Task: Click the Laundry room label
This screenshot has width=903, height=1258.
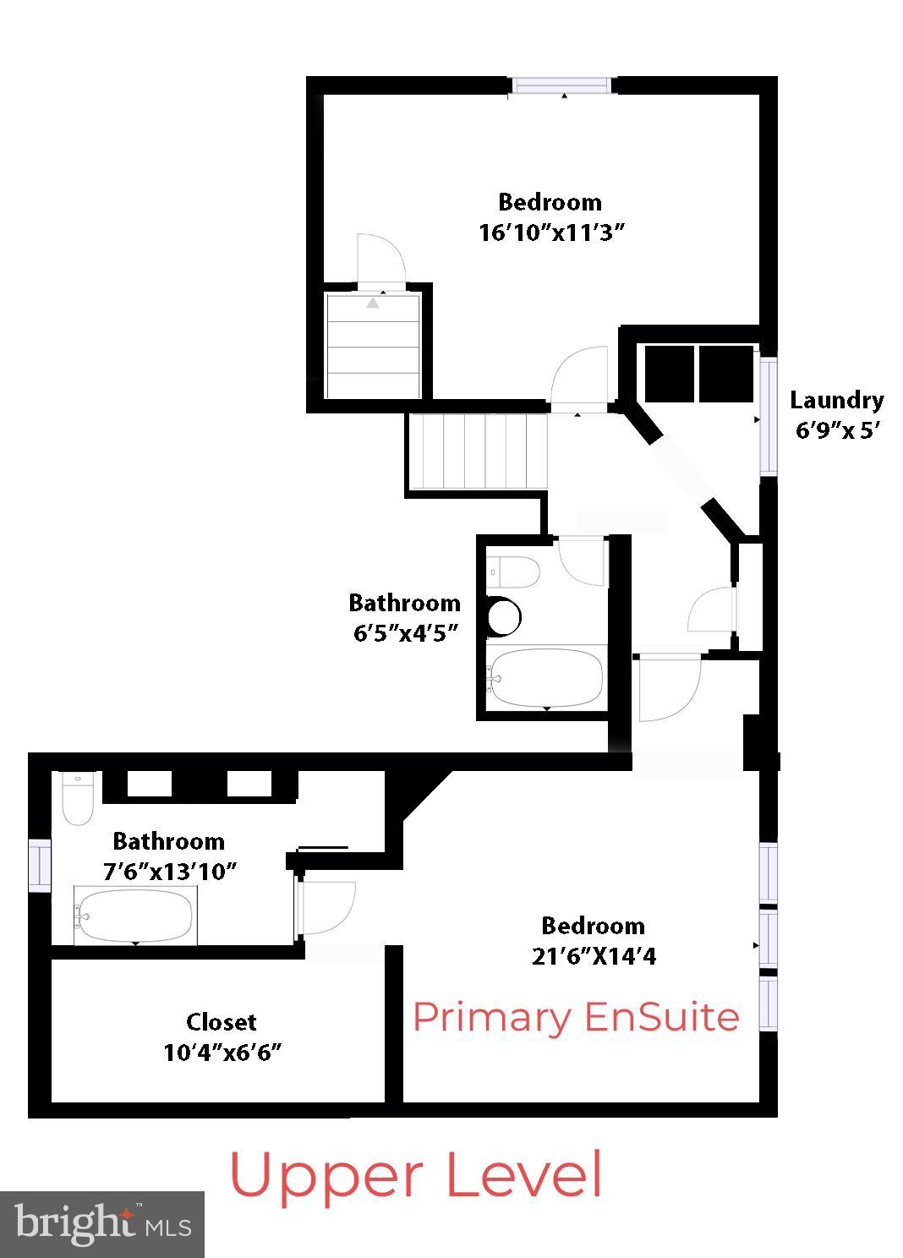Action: (836, 400)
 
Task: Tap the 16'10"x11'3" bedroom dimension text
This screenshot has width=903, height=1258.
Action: (551, 232)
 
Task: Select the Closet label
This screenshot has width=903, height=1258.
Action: (222, 1021)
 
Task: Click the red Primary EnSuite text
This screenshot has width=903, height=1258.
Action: (576, 1016)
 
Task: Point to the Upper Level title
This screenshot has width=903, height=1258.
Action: (416, 1174)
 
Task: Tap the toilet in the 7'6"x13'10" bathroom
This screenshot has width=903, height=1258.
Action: (78, 799)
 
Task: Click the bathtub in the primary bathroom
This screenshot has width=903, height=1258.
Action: (135, 915)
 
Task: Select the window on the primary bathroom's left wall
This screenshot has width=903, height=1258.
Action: (40, 864)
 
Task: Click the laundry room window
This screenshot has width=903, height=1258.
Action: (768, 416)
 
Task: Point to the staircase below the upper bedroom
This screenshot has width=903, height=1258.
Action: (479, 450)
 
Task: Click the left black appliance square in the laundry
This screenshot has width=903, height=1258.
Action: (670, 373)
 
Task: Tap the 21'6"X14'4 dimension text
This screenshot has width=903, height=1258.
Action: (594, 956)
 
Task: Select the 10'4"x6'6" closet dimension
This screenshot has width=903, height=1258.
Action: (222, 1053)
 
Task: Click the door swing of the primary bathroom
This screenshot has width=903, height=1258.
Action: (326, 908)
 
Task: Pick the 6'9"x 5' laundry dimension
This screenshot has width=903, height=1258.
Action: (838, 430)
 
